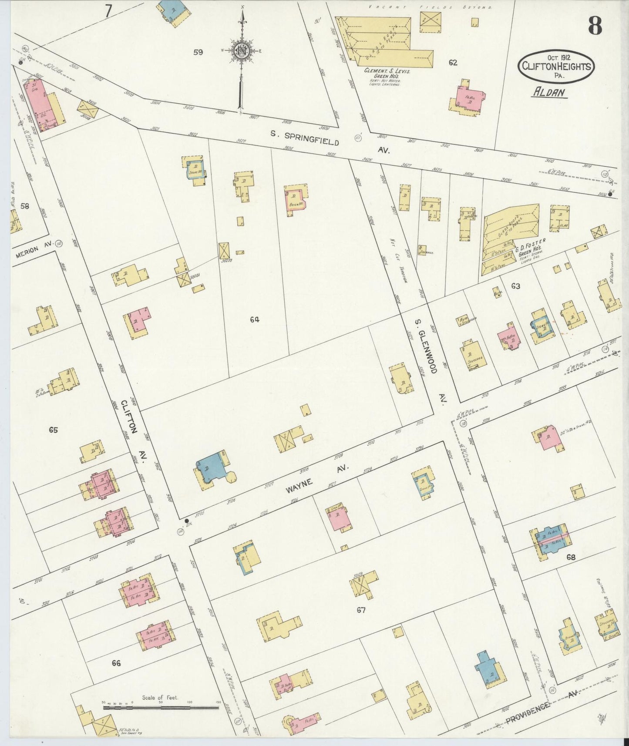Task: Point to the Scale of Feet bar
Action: [x=161, y=708]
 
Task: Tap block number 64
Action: [x=255, y=319]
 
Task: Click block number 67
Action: [x=361, y=610]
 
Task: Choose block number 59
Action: [x=198, y=52]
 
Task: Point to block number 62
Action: [x=453, y=63]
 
